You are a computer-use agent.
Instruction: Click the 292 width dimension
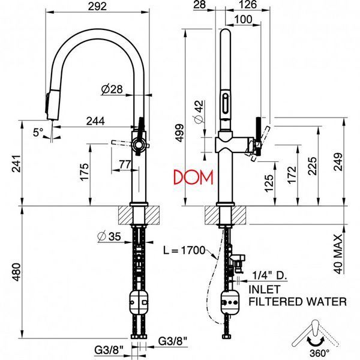pyautogui.click(x=98, y=6)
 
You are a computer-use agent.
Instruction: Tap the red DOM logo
pyautogui.click(x=193, y=177)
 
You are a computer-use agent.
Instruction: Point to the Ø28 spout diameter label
pyautogui.click(x=112, y=89)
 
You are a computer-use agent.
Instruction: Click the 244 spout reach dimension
pyautogui.click(x=95, y=121)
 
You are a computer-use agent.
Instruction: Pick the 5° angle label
pyautogui.click(x=38, y=132)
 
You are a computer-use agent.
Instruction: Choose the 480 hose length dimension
pyautogui.click(x=16, y=272)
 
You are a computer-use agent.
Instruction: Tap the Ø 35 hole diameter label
pyautogui.click(x=109, y=236)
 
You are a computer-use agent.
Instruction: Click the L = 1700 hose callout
pyautogui.click(x=184, y=250)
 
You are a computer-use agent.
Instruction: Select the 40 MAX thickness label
pyautogui.click(x=338, y=254)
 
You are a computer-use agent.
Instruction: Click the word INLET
pyautogui.click(x=265, y=290)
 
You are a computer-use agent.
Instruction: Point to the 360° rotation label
pyautogui.click(x=319, y=353)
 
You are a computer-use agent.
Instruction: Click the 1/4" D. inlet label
pyautogui.click(x=270, y=275)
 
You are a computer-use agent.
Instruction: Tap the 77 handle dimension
pyautogui.click(x=125, y=164)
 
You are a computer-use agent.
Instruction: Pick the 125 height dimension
pyautogui.click(x=269, y=183)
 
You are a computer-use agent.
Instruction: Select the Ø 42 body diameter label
pyautogui.click(x=199, y=112)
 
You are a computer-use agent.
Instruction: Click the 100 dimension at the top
pyautogui.click(x=244, y=19)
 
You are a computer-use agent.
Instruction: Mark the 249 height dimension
pyautogui.click(x=337, y=161)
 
